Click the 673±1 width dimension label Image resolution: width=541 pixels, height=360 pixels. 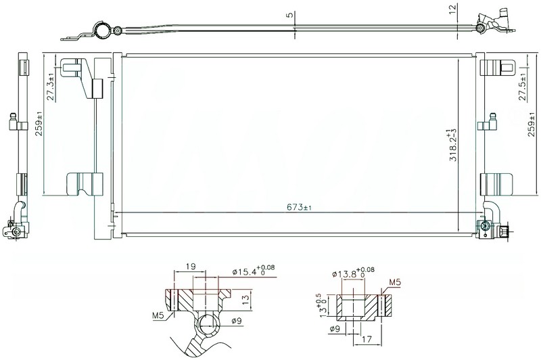click(299, 207)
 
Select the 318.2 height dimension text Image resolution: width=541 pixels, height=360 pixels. click(453, 145)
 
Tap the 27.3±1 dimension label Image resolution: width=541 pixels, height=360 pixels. click(51, 87)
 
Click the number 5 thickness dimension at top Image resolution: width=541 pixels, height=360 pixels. click(290, 14)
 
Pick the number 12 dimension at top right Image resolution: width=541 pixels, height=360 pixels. click(452, 7)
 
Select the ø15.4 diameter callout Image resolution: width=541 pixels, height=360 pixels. click(254, 270)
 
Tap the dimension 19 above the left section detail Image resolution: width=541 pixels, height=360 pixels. click(191, 267)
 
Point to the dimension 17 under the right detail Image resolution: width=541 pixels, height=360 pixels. click(367, 339)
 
